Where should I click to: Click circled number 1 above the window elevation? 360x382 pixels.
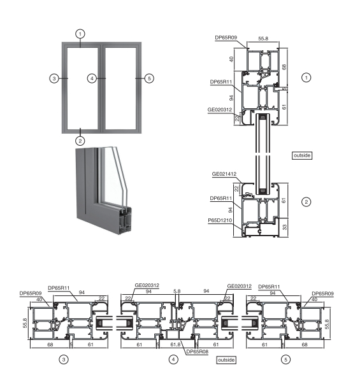tap(80, 32)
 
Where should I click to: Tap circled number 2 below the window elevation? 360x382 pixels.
tap(80, 140)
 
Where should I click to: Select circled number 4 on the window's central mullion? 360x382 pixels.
tap(92, 78)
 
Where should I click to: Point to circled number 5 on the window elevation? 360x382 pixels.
tap(149, 78)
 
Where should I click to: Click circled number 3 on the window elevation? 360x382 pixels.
tap(55, 78)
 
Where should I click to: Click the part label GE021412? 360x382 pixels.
tap(224, 173)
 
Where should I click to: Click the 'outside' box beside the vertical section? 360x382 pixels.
tap(302, 155)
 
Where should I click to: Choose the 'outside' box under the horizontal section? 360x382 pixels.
tap(226, 360)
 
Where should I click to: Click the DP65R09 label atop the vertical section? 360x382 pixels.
tap(225, 38)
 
